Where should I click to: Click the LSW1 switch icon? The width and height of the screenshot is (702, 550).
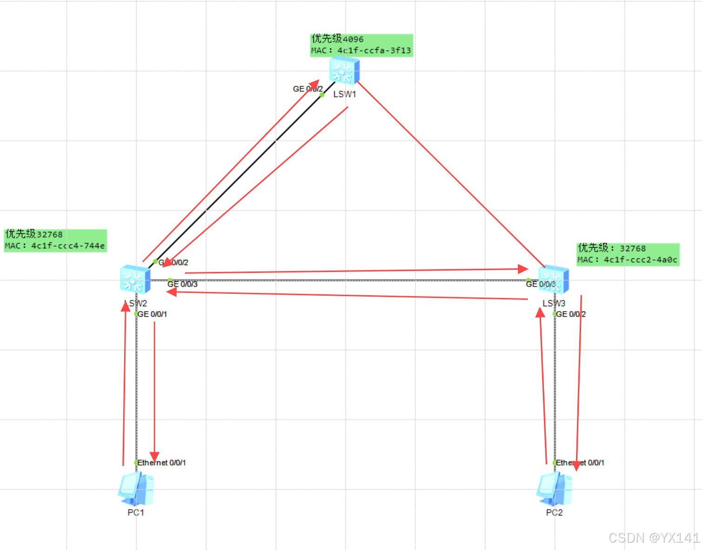click(344, 71)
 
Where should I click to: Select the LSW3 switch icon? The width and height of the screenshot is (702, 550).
click(554, 279)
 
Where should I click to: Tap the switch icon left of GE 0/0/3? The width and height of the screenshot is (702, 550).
click(135, 279)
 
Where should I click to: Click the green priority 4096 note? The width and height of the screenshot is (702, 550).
click(361, 45)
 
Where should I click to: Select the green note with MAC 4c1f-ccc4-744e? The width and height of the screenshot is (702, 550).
click(55, 240)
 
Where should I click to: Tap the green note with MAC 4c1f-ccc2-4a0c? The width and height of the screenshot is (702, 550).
click(628, 254)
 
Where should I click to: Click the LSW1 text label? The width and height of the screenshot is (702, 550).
click(344, 94)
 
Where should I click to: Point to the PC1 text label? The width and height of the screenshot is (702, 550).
click(136, 512)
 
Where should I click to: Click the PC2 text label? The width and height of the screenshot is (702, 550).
click(554, 512)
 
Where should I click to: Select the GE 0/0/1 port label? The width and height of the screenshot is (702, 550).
click(152, 314)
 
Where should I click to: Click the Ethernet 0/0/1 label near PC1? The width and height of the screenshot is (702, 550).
click(161, 463)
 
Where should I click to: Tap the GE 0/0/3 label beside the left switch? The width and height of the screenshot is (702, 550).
click(182, 284)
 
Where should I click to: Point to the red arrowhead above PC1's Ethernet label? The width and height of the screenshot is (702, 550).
click(154, 457)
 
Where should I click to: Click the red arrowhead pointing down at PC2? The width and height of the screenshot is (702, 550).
click(576, 465)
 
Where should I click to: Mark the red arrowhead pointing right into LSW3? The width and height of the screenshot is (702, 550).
click(523, 269)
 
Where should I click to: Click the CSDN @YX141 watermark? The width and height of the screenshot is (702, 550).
click(654, 538)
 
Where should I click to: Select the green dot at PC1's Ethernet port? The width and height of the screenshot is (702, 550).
click(136, 463)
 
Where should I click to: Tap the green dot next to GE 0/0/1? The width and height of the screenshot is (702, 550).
click(136, 314)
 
